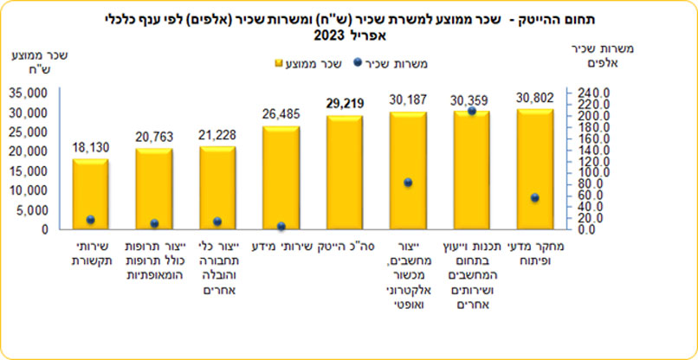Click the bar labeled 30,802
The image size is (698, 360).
(x=535, y=169)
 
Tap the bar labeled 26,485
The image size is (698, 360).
(x=280, y=177)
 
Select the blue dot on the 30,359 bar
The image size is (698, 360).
(x=471, y=112)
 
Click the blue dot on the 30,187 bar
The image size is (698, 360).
(x=408, y=183)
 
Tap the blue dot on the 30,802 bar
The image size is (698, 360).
(x=534, y=198)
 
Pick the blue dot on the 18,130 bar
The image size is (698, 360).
(x=90, y=220)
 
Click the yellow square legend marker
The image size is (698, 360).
(x=279, y=63)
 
